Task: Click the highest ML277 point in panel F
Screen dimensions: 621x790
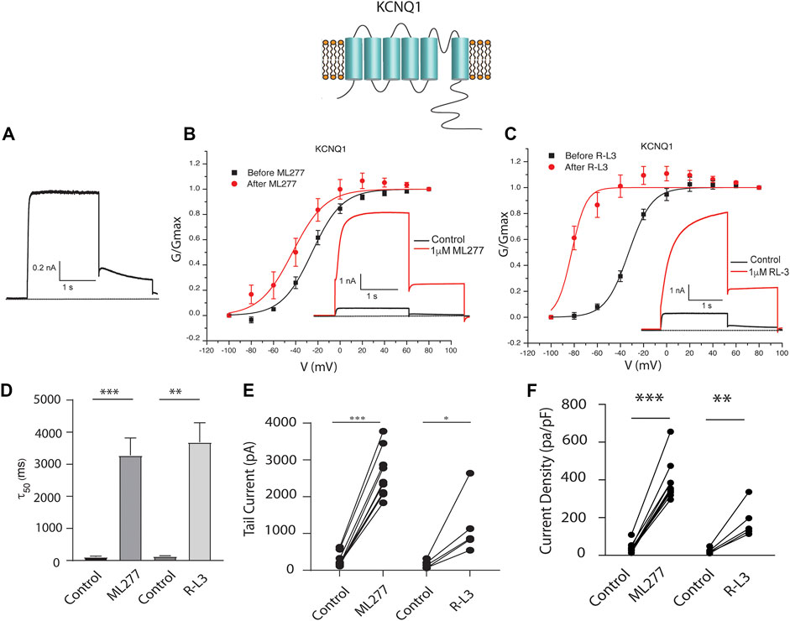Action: pos(672,432)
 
